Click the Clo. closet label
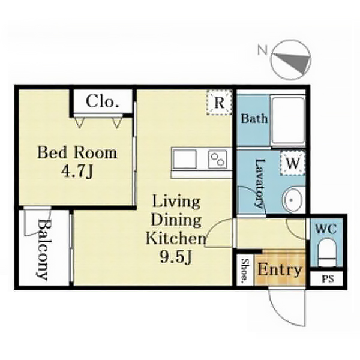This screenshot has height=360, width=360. [x=103, y=101]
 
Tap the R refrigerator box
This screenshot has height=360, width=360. [x=219, y=103]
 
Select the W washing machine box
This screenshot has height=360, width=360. [x=293, y=163]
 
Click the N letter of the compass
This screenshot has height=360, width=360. [x=263, y=50]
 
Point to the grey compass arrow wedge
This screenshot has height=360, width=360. [x=296, y=62]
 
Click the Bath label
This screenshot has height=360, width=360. [x=254, y=118]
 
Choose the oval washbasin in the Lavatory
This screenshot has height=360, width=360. [x=292, y=200]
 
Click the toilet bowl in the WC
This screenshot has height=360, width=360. [x=327, y=252]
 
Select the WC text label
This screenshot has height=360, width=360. [x=326, y=229]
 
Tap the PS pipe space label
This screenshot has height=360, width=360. [x=328, y=279]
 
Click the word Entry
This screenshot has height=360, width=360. [x=280, y=270]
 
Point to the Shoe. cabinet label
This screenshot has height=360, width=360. [x=245, y=270]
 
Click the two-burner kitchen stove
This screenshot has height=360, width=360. [x=217, y=159]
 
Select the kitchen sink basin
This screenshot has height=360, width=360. [x=185, y=159]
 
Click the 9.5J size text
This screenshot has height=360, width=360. [x=176, y=257]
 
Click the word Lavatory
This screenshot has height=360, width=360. [x=259, y=184]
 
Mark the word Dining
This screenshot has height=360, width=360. [x=176, y=220]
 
